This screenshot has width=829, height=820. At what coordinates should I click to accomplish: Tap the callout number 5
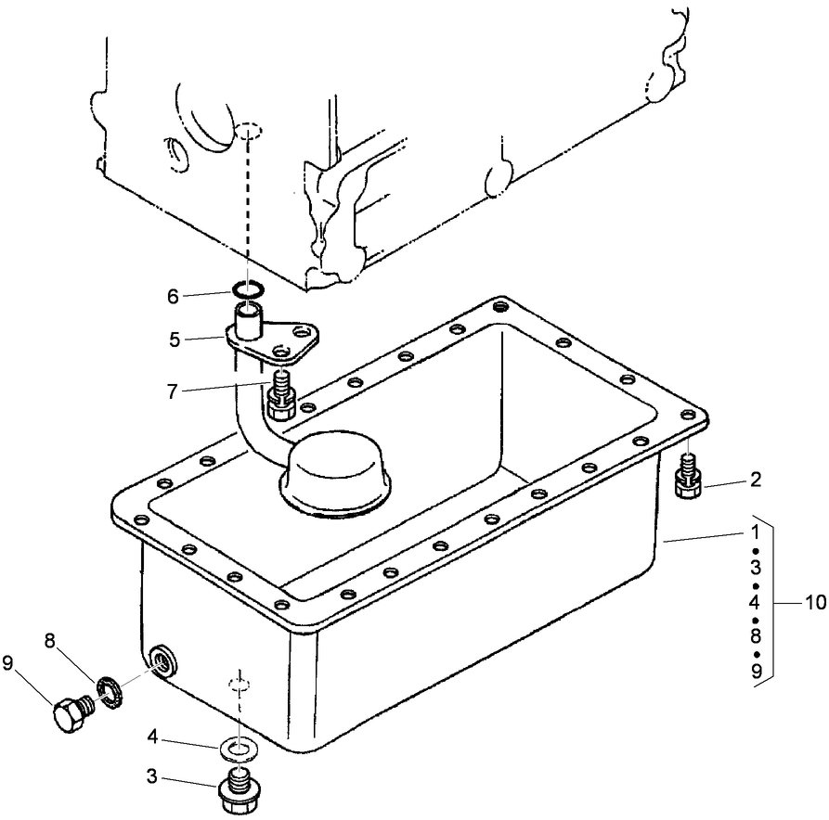174,340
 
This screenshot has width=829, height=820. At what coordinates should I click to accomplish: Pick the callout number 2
756,481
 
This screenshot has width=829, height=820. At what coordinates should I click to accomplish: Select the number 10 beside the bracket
814,602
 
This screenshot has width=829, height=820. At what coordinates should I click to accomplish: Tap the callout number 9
9,662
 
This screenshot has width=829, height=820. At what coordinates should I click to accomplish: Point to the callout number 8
50,640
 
